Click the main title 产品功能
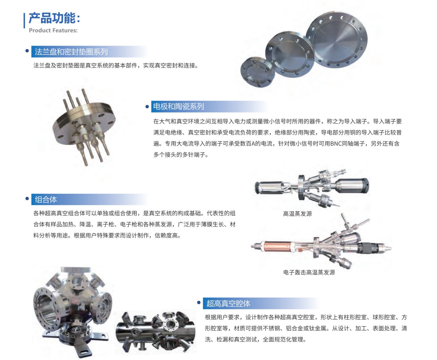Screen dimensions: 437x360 pyautogui.click(x=54, y=18)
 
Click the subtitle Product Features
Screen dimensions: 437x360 pyautogui.click(x=53, y=31)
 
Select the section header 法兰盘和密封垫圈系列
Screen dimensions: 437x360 pyautogui.click(x=71, y=52)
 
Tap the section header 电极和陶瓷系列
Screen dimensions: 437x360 pyautogui.click(x=179, y=106)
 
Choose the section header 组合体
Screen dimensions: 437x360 pyautogui.click(x=46, y=199)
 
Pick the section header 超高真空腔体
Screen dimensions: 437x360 pyautogui.click(x=228, y=303)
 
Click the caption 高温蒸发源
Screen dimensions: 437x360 pyautogui.click(x=297, y=214)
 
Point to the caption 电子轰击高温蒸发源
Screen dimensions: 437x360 pyautogui.click(x=309, y=272)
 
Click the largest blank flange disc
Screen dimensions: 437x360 pyautogui.click(x=336, y=39)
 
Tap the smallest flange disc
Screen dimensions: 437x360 pyautogui.click(x=258, y=72)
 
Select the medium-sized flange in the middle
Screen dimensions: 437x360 pyautogui.click(x=290, y=54)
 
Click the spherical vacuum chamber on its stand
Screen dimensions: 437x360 pyautogui.click(x=72, y=310)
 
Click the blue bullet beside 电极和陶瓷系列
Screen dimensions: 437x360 pyautogui.click(x=147, y=107)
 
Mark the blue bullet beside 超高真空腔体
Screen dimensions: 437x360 pyautogui.click(x=199, y=302)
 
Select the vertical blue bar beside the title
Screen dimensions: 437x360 pyautogui.click(x=24, y=20)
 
